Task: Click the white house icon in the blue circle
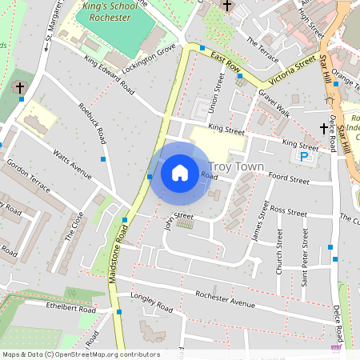pyautogui.click(x=180, y=172)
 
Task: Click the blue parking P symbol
pyautogui.click(x=305, y=158)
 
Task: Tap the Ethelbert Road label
pyautogui.click(x=50, y=306)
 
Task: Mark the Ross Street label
pyautogui.click(x=288, y=212)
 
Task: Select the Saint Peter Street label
pyautogui.click(x=305, y=251)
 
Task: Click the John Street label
pyautogui.click(x=178, y=217)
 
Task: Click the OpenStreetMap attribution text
pyautogui.click(x=80, y=354)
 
